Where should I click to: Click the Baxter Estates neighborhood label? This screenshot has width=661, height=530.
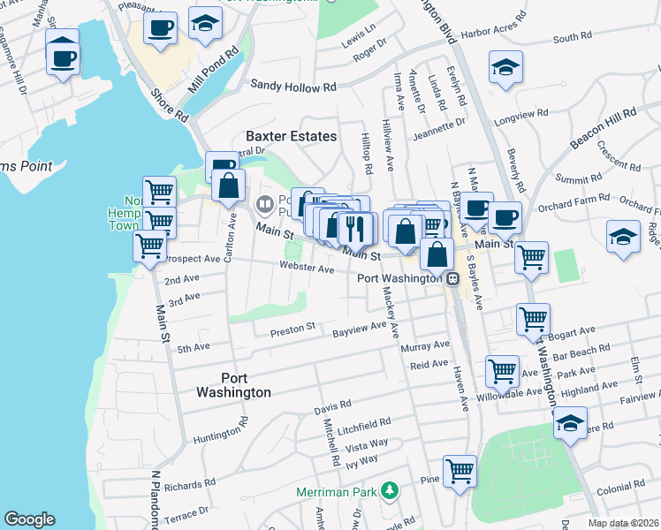click(x=291, y=136)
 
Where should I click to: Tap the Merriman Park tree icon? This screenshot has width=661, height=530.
click(x=387, y=490)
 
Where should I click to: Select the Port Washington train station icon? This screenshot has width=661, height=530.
click(x=452, y=278)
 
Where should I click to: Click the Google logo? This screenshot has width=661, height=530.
click(x=29, y=519)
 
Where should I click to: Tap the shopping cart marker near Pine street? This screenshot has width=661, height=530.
click(x=460, y=470)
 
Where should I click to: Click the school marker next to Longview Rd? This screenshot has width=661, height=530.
click(x=505, y=66)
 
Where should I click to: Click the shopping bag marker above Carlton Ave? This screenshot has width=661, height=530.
click(x=229, y=186)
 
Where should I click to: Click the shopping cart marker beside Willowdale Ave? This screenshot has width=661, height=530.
click(x=502, y=370)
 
